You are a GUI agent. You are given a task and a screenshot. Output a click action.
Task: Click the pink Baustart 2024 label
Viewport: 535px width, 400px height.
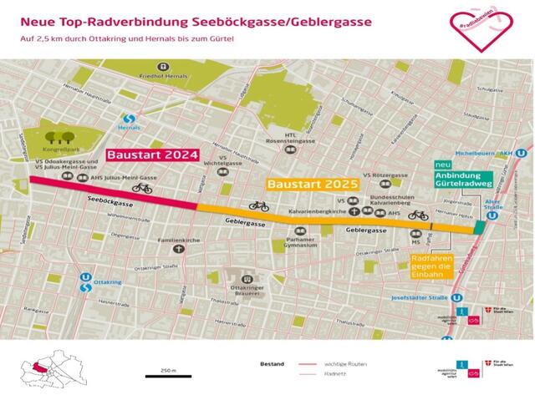[x=151, y=155]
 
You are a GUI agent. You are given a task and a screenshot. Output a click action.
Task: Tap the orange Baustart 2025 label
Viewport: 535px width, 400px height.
[x=312, y=183]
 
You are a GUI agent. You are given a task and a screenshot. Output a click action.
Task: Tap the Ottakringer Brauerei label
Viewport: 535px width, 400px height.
[x=247, y=288]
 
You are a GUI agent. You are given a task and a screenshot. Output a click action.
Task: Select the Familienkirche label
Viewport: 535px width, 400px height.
[x=177, y=241]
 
